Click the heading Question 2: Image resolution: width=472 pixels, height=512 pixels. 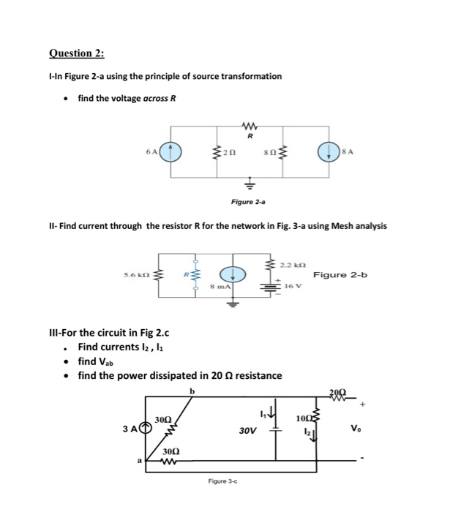pyautogui.click(x=76, y=53)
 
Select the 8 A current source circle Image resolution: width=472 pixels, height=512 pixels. pyautogui.click(x=326, y=153)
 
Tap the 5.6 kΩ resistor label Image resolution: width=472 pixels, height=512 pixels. pyautogui.click(x=138, y=276)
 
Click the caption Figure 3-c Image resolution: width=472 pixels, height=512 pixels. pyautogui.click(x=220, y=481)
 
